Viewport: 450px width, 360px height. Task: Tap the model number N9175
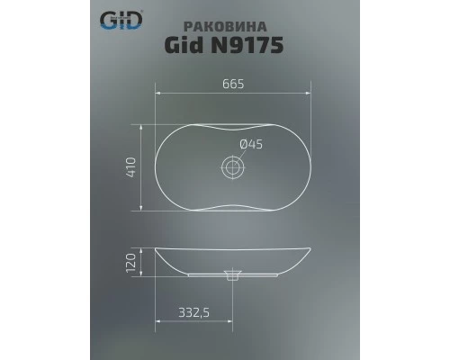pos(252,46)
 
